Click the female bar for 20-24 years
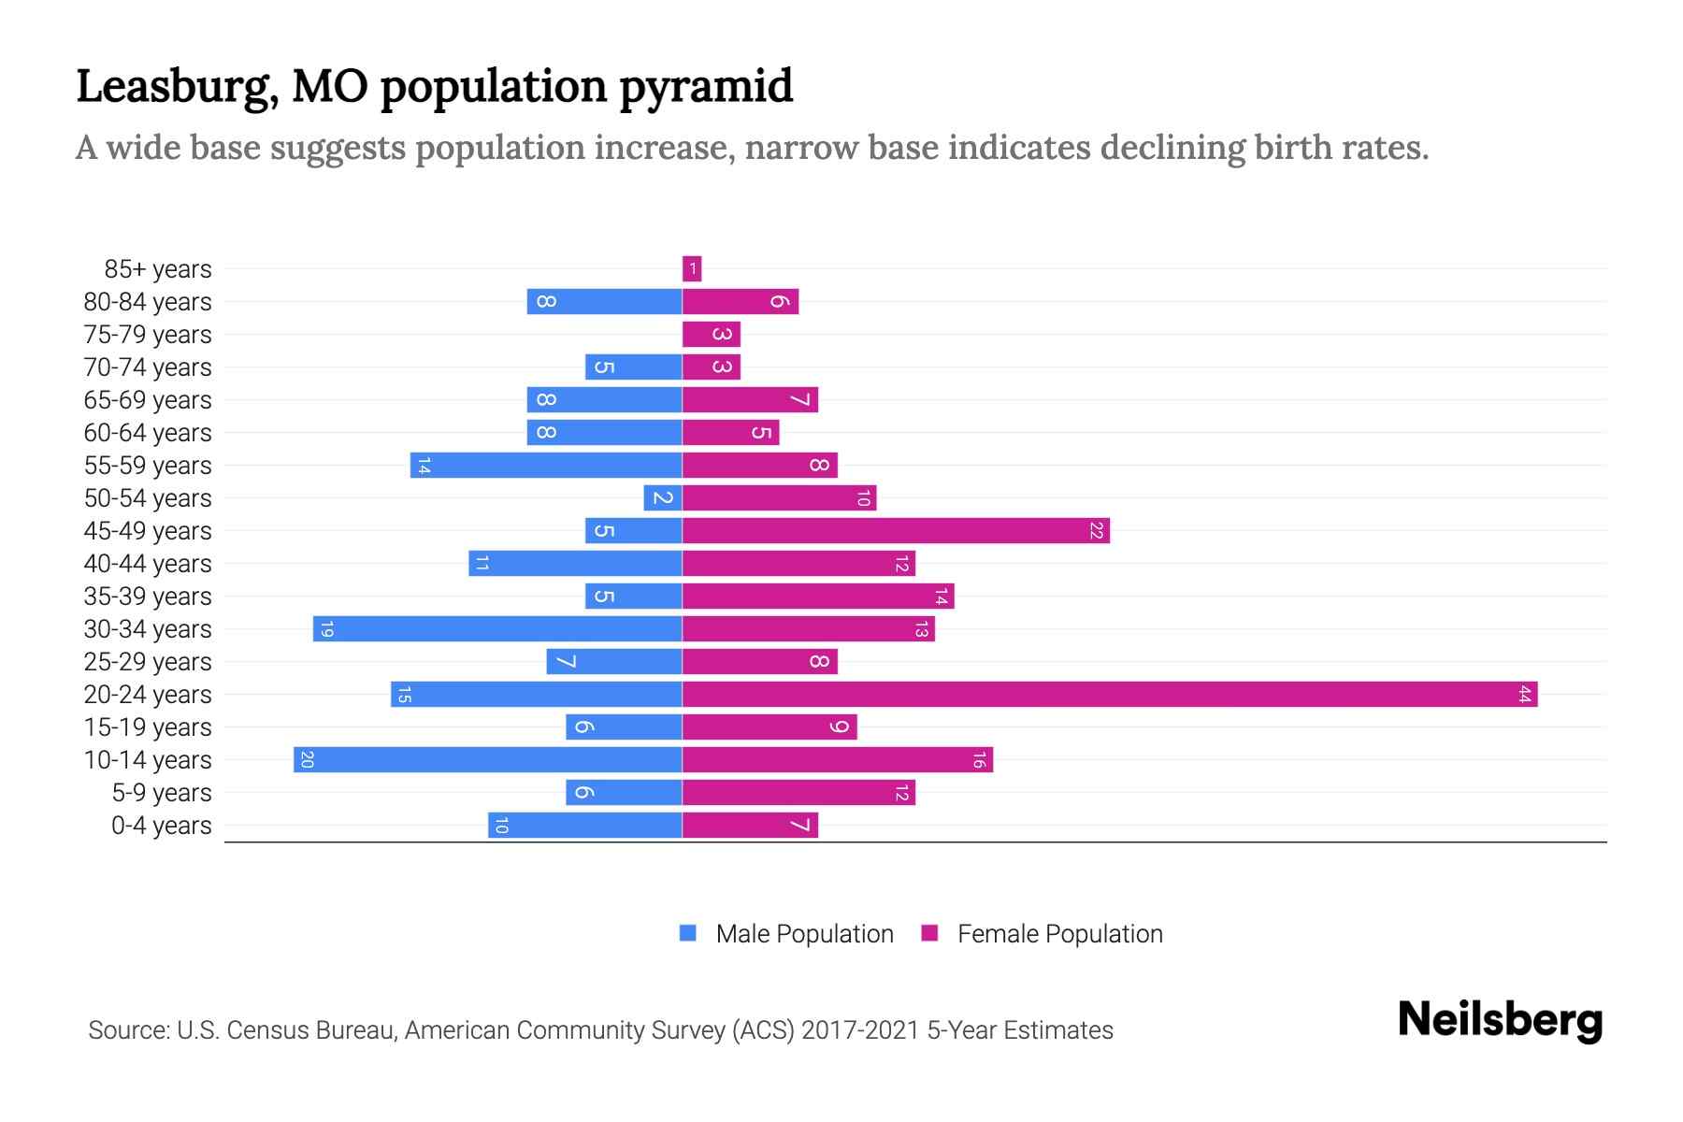[1110, 695]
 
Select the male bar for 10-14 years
[487, 760]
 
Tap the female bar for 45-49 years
[896, 531]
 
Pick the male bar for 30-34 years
[497, 629]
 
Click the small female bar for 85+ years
[692, 269]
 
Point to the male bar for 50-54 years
[663, 498]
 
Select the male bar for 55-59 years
[546, 466]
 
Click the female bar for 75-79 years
[712, 335]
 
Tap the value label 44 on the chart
[1525, 695]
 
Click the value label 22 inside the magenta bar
[1097, 531]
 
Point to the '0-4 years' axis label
[161, 826]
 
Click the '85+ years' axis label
[157, 269]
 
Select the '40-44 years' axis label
[148, 564]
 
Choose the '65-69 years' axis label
[148, 400]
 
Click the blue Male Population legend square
[688, 933]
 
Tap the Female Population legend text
[1059, 934]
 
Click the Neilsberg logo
[1500, 1020]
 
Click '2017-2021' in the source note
[860, 1030]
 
